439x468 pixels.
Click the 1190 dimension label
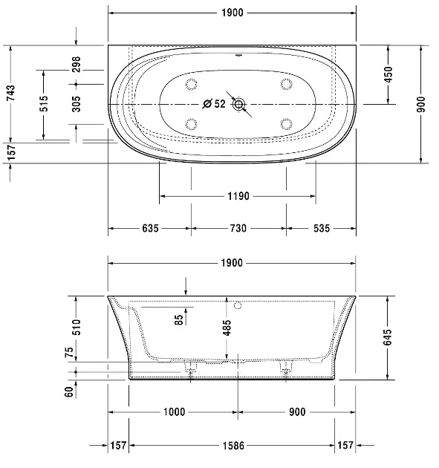point(238,196)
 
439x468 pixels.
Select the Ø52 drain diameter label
point(215,104)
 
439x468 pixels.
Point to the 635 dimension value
point(150,229)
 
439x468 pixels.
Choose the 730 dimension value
point(238,229)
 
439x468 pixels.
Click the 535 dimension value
point(321,229)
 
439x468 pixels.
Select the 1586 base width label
point(232,446)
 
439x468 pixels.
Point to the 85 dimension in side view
point(178,320)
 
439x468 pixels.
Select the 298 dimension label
point(77,65)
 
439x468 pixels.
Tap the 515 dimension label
point(44,104)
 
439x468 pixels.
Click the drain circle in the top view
point(238,104)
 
